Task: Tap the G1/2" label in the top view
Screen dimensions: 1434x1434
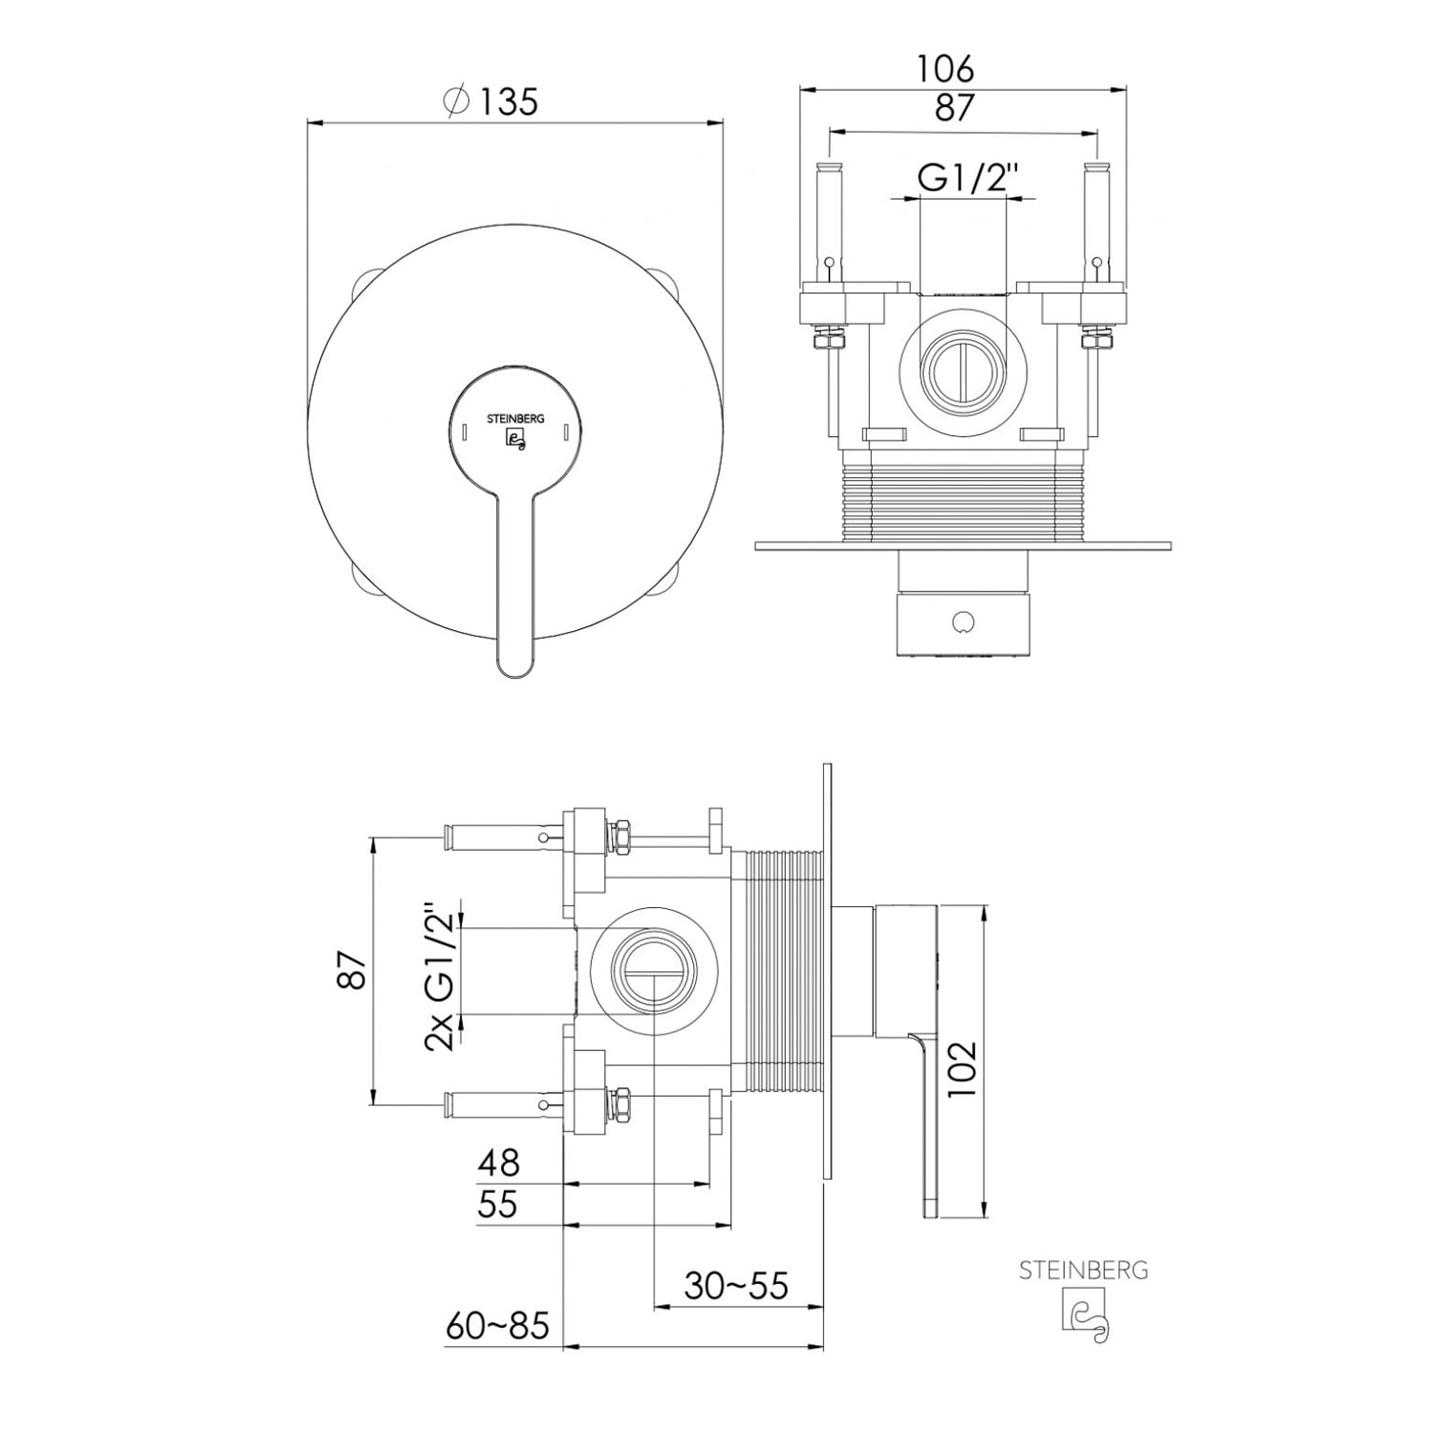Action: tap(964, 178)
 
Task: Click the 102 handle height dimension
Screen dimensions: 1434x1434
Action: tap(963, 1069)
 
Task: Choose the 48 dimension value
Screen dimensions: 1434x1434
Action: tap(498, 1162)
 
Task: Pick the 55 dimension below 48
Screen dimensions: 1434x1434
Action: tap(498, 1204)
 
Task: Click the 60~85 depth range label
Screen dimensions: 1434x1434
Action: tap(498, 1326)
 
